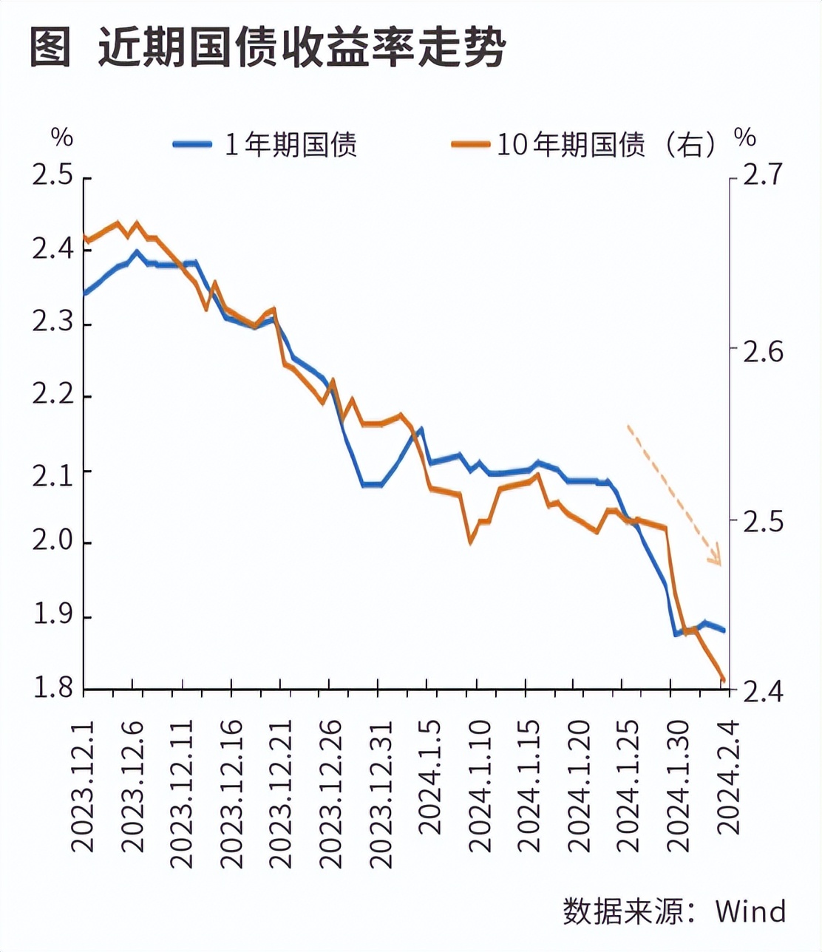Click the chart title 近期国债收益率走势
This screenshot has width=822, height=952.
tap(302, 49)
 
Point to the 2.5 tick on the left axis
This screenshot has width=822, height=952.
tap(52, 177)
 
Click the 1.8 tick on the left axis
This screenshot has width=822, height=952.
tap(52, 689)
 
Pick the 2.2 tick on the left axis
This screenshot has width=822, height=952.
tap(52, 396)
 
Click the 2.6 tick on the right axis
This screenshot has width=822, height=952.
tap(762, 350)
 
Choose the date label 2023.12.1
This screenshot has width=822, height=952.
tap(84, 787)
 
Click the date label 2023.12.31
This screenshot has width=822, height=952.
tap(379, 794)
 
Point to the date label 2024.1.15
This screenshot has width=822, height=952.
tap(528, 786)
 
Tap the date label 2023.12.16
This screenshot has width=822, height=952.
tap(232, 794)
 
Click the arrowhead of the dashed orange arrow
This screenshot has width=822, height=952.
tap(715, 558)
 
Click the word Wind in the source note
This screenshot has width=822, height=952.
tap(750, 911)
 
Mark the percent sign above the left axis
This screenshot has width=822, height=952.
tap(62, 137)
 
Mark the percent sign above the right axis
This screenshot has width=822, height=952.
tap(745, 137)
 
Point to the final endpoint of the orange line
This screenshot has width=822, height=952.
tap(724, 680)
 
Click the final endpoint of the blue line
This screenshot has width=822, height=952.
tap(724, 630)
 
